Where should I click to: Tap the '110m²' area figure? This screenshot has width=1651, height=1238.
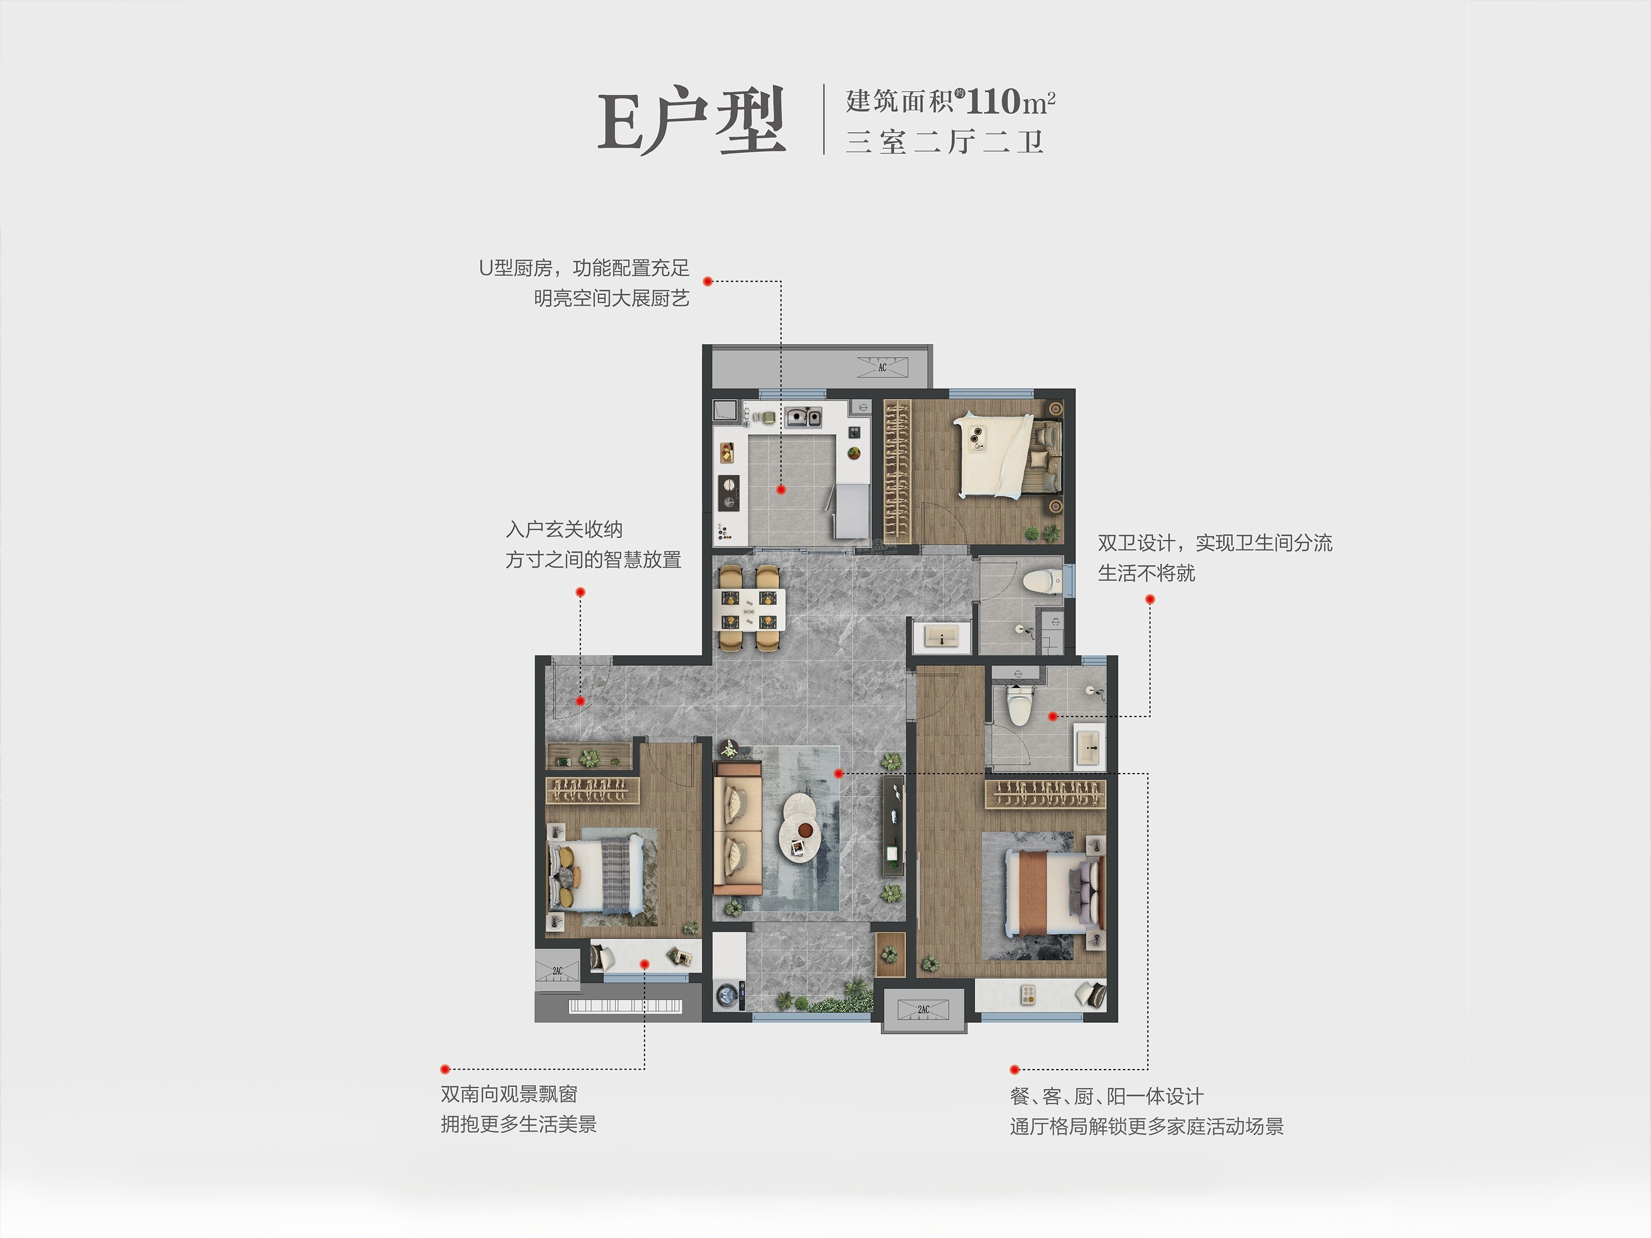point(1010,101)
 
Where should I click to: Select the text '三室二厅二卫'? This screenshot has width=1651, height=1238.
point(944,142)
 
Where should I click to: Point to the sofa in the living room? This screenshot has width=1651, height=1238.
point(737,827)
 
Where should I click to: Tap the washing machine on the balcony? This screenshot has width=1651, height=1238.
point(729,995)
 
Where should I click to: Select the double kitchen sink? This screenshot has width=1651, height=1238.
point(802,417)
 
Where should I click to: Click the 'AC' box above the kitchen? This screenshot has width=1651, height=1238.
point(882,367)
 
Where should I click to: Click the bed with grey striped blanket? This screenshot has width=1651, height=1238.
point(597,873)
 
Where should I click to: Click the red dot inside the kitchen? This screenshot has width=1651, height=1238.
point(781,490)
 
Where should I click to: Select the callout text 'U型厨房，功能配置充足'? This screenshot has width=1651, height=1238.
point(584,268)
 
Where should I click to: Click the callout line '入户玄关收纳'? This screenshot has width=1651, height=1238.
point(564,530)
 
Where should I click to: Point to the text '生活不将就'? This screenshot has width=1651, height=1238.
point(1146,573)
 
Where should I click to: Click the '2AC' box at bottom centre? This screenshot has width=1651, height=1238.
point(924,1010)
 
